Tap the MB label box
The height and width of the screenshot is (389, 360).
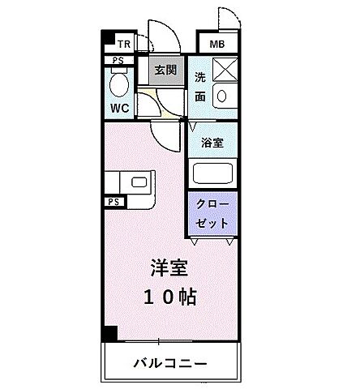click(x=217, y=45)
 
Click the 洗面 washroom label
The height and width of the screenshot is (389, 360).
click(x=200, y=88)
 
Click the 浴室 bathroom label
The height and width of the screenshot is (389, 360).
click(x=212, y=141)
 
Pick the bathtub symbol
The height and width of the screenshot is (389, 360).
click(x=212, y=173)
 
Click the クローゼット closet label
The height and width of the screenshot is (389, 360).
click(x=212, y=214)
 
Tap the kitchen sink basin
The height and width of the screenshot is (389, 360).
click(x=138, y=182)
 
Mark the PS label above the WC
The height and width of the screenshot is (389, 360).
click(x=118, y=60)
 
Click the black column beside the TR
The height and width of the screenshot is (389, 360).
click(x=106, y=37)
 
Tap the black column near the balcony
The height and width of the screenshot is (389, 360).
click(x=109, y=333)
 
